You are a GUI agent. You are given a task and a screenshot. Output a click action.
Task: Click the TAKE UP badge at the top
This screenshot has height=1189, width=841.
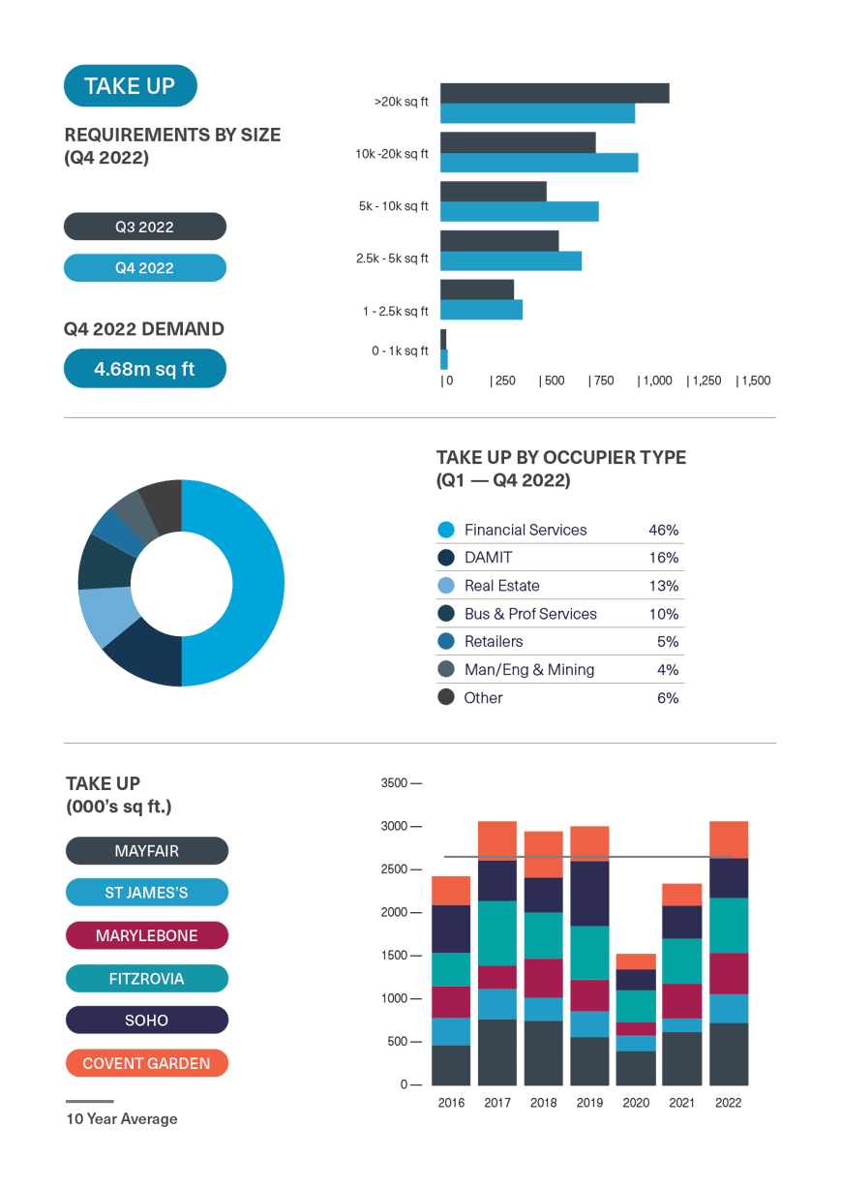[130, 85]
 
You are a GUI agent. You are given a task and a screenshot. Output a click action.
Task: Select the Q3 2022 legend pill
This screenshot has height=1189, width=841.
[144, 227]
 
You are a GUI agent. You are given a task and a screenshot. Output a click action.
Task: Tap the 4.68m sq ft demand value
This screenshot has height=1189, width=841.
[144, 369]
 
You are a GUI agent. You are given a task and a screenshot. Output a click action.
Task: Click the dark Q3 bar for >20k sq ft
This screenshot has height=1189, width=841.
[554, 93]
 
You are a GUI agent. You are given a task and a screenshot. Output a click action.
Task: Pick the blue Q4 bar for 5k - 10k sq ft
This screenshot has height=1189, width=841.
[519, 211]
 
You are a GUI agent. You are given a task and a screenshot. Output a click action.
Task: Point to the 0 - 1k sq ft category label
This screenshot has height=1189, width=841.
[400, 351]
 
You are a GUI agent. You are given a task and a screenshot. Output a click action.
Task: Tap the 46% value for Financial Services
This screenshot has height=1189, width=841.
[663, 530]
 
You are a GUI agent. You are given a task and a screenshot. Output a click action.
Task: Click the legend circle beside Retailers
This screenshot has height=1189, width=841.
[446, 641]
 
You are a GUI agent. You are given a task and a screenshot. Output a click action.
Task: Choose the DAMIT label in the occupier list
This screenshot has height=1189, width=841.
[489, 558]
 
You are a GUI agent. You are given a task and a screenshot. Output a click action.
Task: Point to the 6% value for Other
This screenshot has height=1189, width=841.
[667, 697]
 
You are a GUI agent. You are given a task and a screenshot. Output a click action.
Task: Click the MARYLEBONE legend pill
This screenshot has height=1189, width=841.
[146, 935]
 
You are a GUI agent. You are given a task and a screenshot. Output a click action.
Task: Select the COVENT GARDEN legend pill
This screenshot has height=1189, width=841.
[146, 1063]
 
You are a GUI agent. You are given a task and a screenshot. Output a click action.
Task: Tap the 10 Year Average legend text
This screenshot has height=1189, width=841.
[122, 1119]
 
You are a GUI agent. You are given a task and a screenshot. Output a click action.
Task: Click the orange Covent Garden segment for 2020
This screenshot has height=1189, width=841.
[636, 961]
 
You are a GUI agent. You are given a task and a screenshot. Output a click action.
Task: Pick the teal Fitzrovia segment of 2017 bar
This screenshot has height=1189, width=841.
[497, 932]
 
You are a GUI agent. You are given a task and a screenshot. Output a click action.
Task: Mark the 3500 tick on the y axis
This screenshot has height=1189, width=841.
[395, 782]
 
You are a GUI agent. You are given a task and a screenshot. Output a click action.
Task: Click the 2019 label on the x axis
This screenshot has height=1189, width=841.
[589, 1103]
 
